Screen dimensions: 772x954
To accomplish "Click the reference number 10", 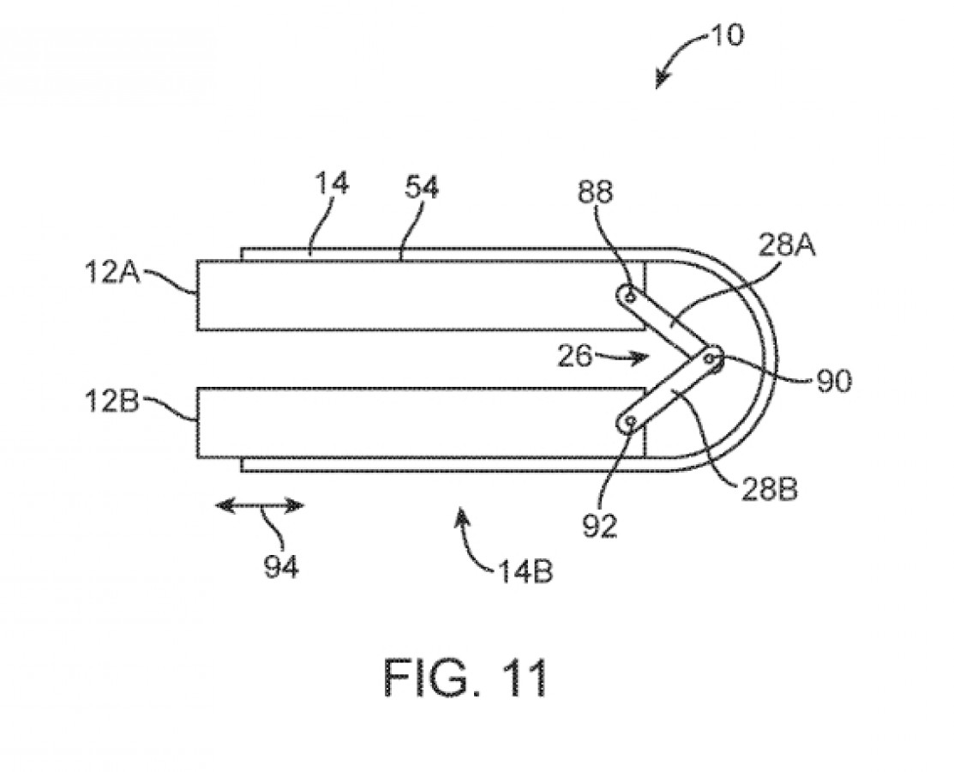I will [727, 35].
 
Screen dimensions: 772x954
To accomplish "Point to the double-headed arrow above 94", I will [258, 506].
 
